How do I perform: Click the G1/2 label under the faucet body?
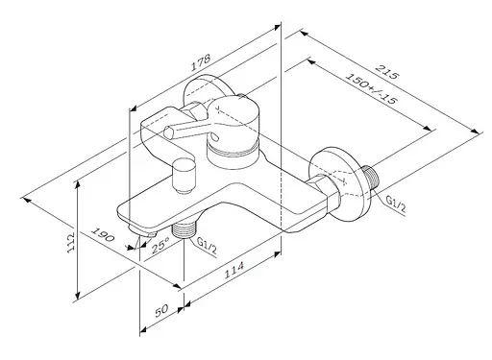click(x=204, y=246)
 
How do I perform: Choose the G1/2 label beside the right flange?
click(x=398, y=203)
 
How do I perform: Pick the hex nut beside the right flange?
click(x=327, y=183)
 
